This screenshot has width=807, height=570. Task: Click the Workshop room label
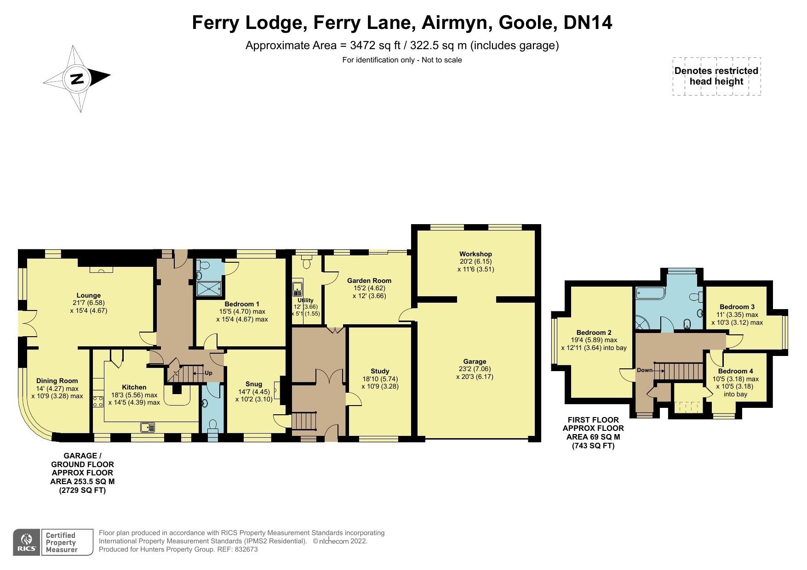click(475, 254)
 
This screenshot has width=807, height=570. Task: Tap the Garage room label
click(475, 361)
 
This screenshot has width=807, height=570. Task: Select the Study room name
click(380, 371)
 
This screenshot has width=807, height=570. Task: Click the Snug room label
click(254, 384)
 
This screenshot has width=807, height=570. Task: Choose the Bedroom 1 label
click(242, 304)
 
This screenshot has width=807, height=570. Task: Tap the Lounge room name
click(88, 295)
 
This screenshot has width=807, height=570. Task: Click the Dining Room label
click(57, 381)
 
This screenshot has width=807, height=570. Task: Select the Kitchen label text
click(134, 387)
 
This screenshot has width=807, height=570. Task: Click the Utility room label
click(305, 300)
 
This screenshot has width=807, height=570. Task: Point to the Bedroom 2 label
click(594, 333)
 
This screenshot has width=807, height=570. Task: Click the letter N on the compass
click(77, 79)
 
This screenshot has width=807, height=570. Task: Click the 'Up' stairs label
click(208, 373)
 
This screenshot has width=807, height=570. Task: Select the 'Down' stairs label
click(645, 370)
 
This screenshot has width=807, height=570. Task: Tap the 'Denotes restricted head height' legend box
click(716, 76)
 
